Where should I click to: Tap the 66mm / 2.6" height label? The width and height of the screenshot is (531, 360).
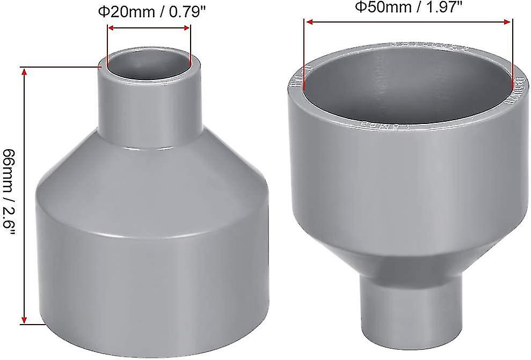[10, 196]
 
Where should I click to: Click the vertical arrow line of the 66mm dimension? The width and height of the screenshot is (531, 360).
[24, 196]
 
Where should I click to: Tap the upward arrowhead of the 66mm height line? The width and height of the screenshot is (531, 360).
[24, 72]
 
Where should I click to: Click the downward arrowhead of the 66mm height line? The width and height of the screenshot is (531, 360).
[24, 320]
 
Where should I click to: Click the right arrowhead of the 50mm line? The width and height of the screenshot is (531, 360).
[507, 22]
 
